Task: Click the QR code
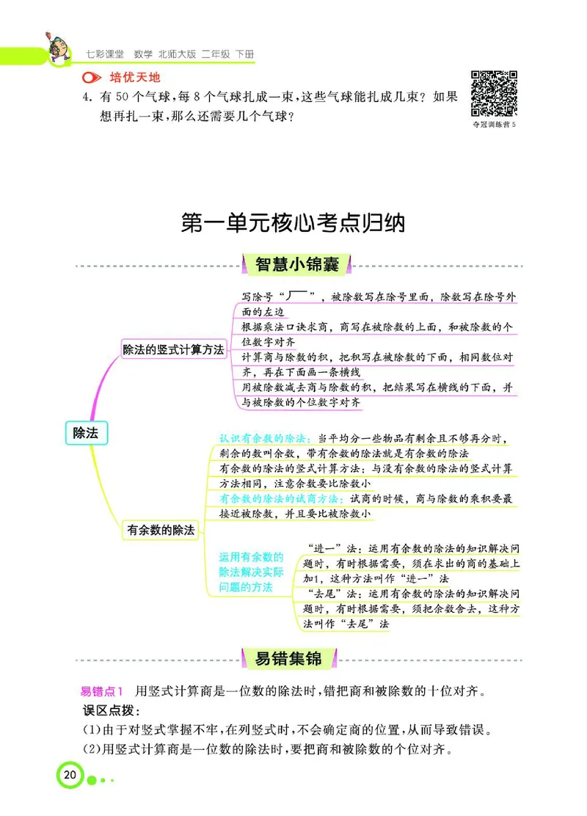[494, 93]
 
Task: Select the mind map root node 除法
[84, 433]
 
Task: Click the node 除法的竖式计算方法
[173, 349]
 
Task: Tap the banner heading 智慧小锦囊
[296, 264]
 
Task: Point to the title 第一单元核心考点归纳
[293, 222]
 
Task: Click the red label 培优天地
[134, 77]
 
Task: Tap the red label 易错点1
[103, 691]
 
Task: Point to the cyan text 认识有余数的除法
[267, 438]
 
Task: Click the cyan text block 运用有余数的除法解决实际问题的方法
[250, 572]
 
